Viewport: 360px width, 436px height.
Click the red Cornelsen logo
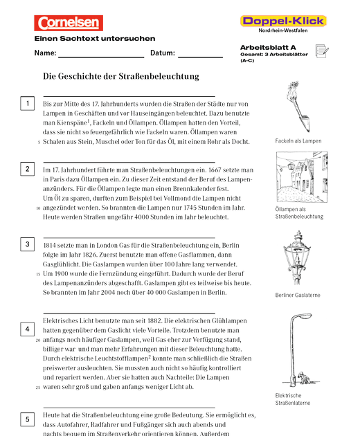pos(69,23)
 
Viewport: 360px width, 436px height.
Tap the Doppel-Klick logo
pos(283,21)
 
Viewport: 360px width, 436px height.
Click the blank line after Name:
pos(101,57)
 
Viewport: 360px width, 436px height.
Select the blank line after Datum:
pos(200,57)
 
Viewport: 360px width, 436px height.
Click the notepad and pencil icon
pos(322,51)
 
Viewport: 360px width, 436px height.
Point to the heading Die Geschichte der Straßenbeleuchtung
pos(121,76)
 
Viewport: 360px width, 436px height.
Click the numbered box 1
pos(27,103)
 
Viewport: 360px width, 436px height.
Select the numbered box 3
pos(27,244)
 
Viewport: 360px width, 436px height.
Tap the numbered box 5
pos(27,419)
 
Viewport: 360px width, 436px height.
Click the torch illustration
pos(298,107)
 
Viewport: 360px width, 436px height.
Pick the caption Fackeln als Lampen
pos(298,141)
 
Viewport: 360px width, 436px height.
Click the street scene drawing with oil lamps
pos(302,177)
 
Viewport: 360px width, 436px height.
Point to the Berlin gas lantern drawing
pos(297,257)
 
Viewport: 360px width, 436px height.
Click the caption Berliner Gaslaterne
pos(298,295)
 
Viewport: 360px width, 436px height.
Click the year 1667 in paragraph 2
pos(216,170)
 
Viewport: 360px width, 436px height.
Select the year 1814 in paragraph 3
pos(49,245)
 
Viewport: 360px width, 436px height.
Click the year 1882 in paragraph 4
pos(154,320)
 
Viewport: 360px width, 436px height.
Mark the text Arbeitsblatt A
pos(268,48)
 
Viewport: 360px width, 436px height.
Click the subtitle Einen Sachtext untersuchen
pos(95,38)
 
